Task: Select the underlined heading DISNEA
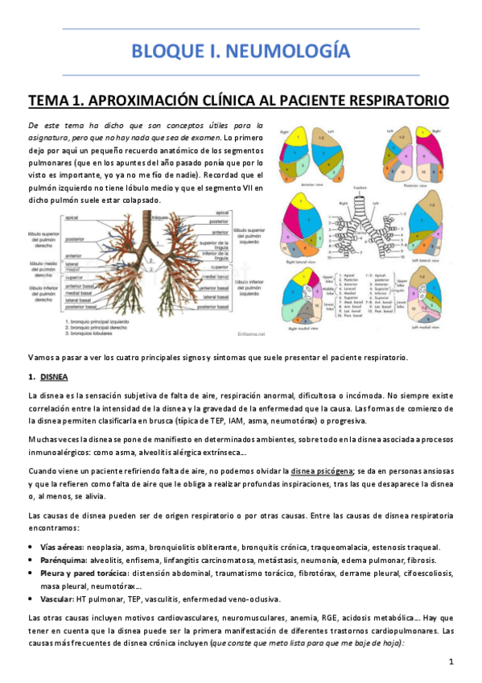(x=54, y=377)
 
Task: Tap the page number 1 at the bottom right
(x=452, y=661)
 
